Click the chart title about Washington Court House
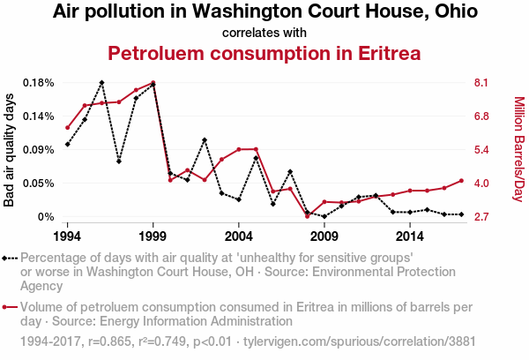click(264, 12)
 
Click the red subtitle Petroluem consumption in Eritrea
click(264, 54)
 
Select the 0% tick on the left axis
click(47, 217)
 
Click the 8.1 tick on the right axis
click(481, 83)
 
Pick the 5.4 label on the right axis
click(481, 150)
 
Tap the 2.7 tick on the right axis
click(481, 217)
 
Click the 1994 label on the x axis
click(68, 236)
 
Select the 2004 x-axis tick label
click(239, 236)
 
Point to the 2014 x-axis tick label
click(410, 236)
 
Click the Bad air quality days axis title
click(10, 150)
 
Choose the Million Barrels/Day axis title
click(518, 150)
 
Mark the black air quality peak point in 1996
click(102, 83)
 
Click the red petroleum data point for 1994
click(68, 128)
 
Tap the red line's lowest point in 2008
click(308, 216)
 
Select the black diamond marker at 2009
click(324, 216)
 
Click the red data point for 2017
click(461, 181)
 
